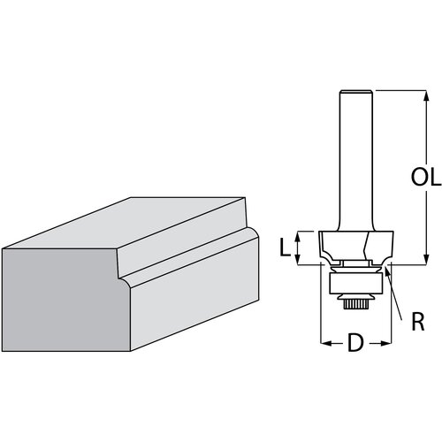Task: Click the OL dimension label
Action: click(x=426, y=177)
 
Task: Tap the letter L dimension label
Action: click(x=285, y=248)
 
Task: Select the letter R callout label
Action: click(x=418, y=322)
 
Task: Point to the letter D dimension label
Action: click(x=355, y=343)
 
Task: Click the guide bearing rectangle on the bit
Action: click(x=355, y=283)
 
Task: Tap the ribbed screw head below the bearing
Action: click(x=355, y=303)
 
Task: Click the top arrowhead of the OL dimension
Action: click(x=426, y=95)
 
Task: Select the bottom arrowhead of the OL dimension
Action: click(x=426, y=259)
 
